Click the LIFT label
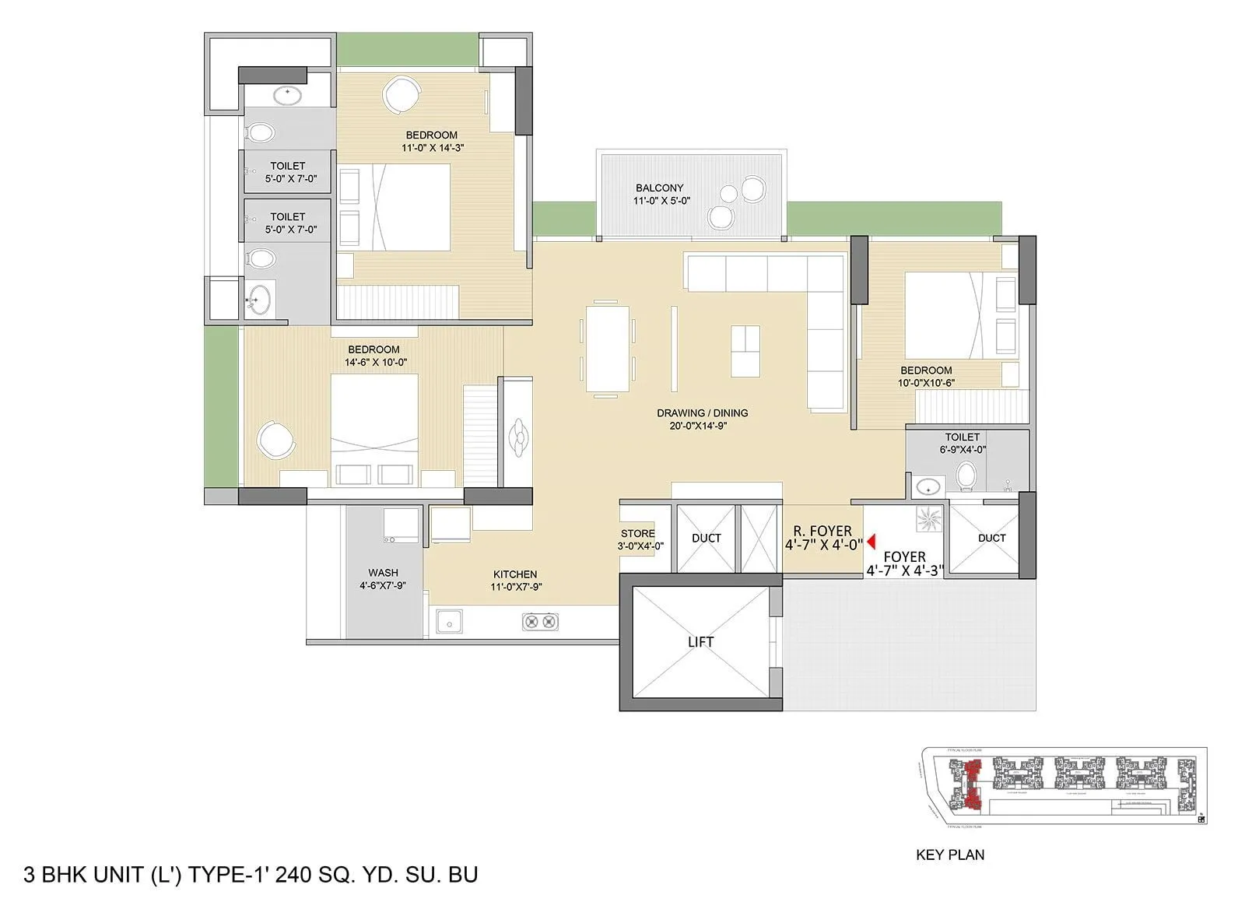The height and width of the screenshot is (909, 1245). (700, 642)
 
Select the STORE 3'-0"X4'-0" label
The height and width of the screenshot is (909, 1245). (639, 539)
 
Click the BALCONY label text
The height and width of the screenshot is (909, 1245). (659, 188)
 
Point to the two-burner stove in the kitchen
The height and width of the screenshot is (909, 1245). (540, 621)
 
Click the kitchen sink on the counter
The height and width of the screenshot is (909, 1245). (449, 621)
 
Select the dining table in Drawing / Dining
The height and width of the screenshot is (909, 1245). (608, 348)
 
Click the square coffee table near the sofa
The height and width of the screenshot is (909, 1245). (745, 351)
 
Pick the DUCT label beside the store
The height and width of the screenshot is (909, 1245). (706, 538)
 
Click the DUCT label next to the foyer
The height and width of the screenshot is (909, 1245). (991, 538)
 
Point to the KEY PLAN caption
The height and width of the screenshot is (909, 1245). (950, 855)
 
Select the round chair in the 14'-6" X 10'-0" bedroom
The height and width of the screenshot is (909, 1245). (276, 440)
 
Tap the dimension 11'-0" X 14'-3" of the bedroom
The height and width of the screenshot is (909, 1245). (433, 147)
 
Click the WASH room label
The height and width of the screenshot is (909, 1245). (383, 573)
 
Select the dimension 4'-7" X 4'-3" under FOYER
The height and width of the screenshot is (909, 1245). (904, 570)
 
